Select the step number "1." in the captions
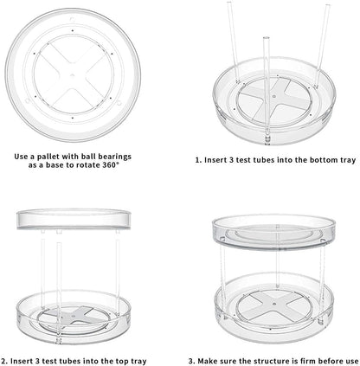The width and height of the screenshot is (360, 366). tap(200, 159)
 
